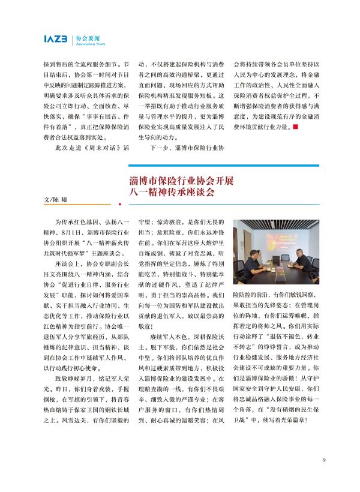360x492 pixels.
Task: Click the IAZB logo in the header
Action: point(56,40)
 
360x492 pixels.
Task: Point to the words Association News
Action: point(89,44)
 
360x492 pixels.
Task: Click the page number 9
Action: point(323,460)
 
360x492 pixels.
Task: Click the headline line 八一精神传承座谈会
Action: point(172,193)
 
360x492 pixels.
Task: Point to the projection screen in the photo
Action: point(282,241)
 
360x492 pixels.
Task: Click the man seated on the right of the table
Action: point(303,259)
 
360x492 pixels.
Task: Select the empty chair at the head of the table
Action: point(285,257)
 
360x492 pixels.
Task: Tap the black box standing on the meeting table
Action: point(276,259)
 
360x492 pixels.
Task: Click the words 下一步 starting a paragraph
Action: point(160,148)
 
